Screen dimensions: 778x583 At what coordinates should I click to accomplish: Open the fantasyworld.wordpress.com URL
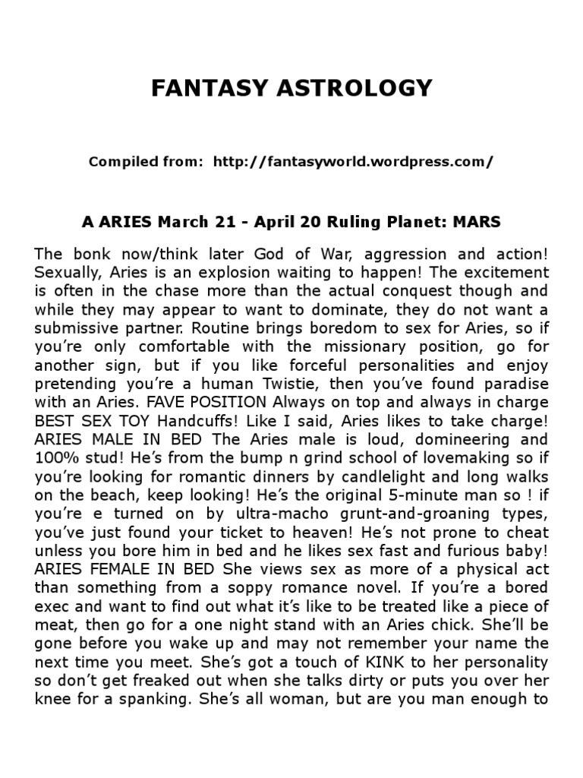click(x=354, y=162)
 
